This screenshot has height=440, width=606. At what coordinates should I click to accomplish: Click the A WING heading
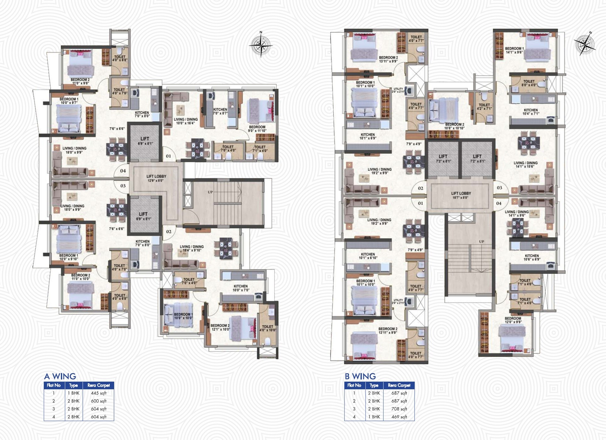(x=60, y=376)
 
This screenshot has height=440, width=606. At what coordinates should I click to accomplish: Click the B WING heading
(x=360, y=376)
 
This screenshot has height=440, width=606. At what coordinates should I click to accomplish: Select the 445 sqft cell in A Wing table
(x=99, y=393)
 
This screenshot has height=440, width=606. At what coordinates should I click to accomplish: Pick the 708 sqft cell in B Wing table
(x=399, y=409)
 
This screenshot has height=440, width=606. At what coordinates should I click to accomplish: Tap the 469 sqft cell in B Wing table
(x=399, y=417)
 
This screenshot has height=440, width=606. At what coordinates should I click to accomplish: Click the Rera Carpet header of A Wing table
(x=99, y=385)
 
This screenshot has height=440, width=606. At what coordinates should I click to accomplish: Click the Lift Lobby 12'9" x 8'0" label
(x=156, y=178)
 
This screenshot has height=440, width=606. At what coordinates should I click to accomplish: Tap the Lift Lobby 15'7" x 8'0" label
(x=461, y=195)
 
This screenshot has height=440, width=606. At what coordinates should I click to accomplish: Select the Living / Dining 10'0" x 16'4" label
(x=186, y=121)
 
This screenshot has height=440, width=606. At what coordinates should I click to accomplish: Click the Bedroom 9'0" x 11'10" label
(x=257, y=129)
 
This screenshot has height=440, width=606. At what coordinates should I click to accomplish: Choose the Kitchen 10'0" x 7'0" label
(x=241, y=288)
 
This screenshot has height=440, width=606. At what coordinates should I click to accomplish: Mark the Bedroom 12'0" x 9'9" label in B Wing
(x=513, y=320)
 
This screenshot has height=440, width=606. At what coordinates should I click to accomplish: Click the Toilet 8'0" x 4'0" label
(x=529, y=83)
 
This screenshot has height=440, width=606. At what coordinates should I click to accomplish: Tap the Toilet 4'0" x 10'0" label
(x=268, y=328)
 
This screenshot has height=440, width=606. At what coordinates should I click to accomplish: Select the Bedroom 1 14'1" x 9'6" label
(x=514, y=50)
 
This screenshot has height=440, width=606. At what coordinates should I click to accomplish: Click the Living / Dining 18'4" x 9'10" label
(x=191, y=248)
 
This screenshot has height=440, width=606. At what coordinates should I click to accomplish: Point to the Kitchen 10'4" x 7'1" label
(x=530, y=112)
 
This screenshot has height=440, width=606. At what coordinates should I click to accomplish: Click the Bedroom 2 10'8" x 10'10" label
(x=454, y=126)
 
